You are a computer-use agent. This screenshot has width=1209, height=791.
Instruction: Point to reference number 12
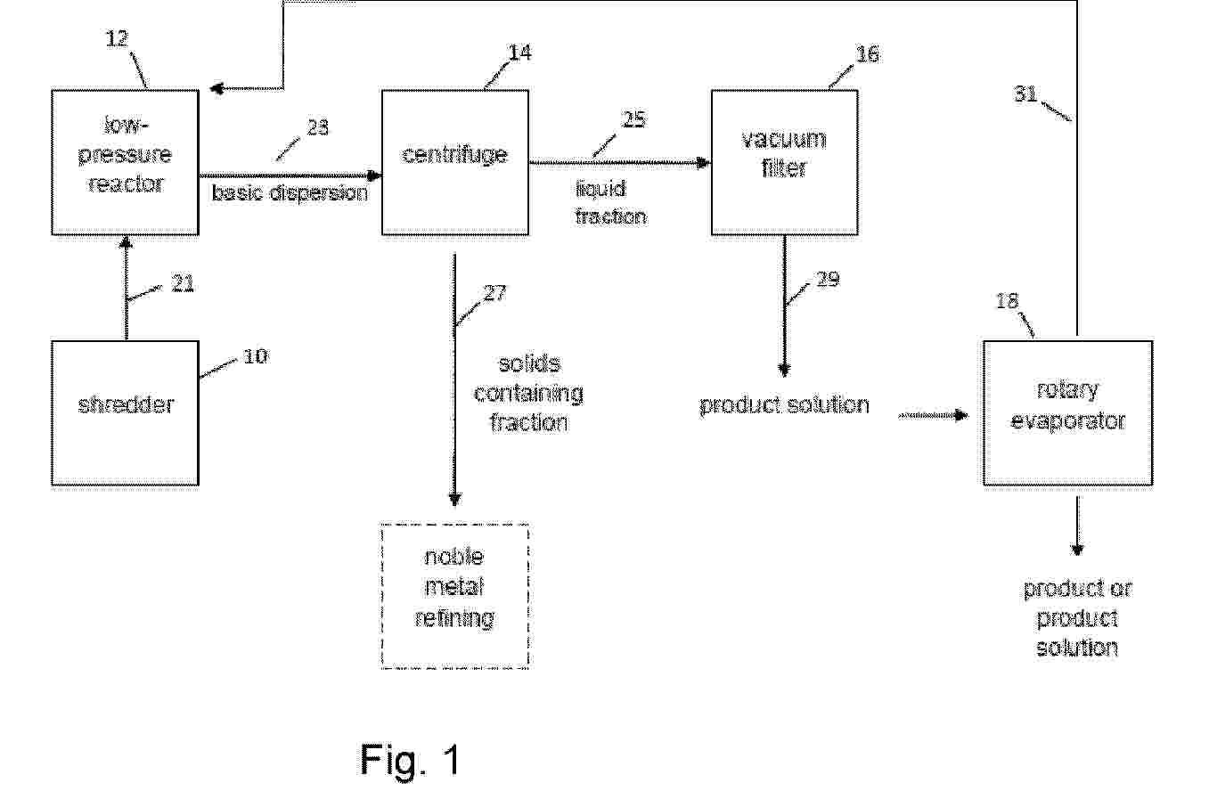[117, 39]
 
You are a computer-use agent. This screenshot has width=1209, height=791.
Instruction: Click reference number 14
[520, 53]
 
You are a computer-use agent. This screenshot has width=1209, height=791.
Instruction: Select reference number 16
[868, 54]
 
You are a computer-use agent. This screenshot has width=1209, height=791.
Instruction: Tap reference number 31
[1025, 94]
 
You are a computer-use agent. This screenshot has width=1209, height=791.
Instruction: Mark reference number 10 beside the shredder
[256, 356]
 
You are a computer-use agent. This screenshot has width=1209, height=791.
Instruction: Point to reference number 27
[494, 293]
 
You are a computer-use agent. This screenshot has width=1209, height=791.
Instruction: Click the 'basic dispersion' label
[290, 192]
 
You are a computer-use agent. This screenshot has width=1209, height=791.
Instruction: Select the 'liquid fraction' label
[610, 203]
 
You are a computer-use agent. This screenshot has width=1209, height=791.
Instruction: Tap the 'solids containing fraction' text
[529, 394]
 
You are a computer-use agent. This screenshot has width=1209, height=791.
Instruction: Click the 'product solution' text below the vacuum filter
[784, 405]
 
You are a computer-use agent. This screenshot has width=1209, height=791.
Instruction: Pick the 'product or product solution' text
[1077, 618]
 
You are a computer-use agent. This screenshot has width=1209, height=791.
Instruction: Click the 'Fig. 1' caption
[410, 760]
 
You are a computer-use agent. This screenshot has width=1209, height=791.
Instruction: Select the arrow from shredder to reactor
[127, 289]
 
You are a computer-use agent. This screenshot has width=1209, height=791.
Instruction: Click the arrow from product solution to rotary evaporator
[933, 415]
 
